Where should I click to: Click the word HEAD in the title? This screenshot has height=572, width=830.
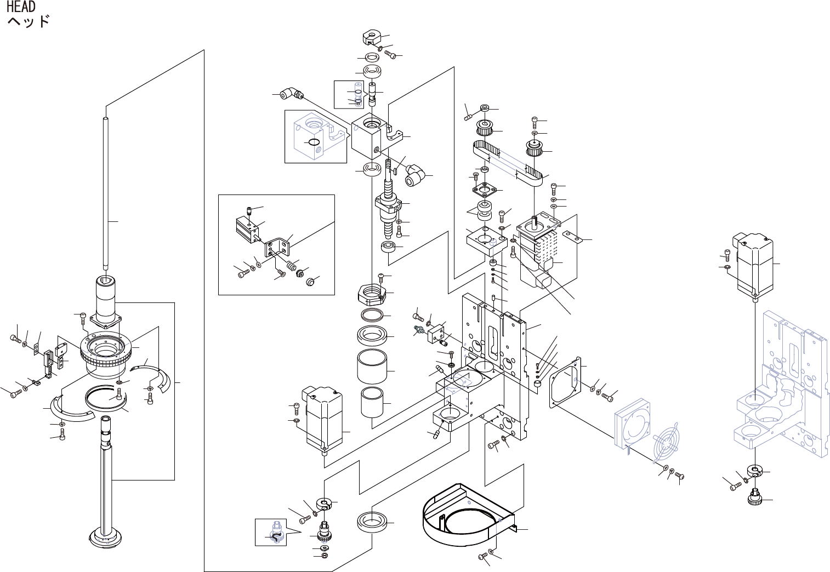pyautogui.click(x=21, y=7)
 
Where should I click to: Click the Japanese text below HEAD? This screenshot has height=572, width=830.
pyautogui.click(x=29, y=22)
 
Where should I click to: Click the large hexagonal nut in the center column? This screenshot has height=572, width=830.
pyautogui.click(x=372, y=294)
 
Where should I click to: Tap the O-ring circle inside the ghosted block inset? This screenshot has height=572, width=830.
pyautogui.click(x=314, y=144)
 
